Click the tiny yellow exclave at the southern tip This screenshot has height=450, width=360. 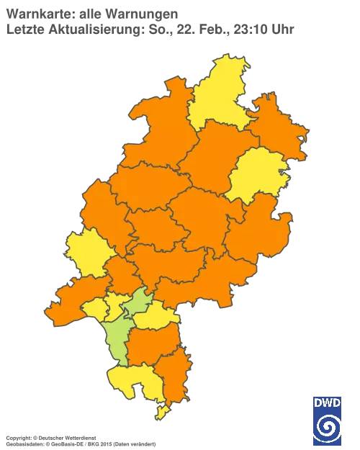point(162,412)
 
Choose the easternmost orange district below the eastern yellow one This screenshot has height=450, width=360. point(259,230)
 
